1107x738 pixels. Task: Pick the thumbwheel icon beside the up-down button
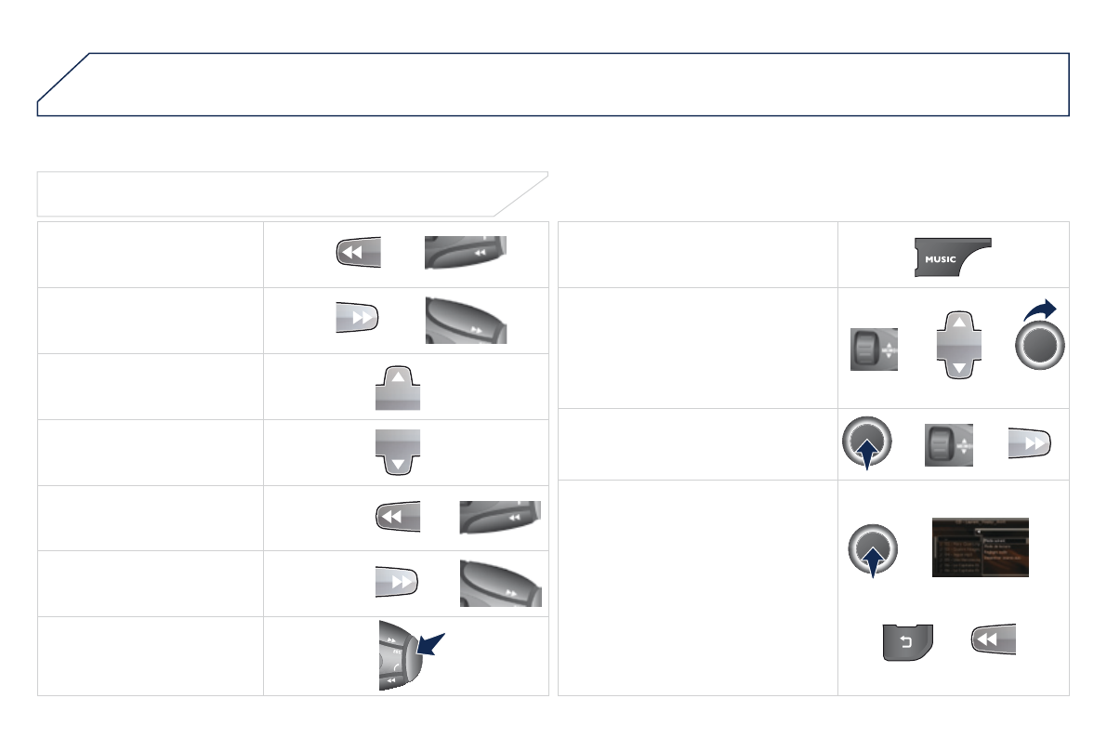point(874,349)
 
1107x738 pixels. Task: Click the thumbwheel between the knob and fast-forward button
point(948,445)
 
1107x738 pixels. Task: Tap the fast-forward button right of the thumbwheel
point(1031,444)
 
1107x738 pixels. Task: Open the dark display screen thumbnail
point(980,547)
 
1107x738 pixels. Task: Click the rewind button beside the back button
point(993,639)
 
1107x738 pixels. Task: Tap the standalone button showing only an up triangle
point(397,386)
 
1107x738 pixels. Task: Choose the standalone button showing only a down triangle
point(397,452)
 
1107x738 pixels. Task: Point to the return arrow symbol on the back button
point(907,642)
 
